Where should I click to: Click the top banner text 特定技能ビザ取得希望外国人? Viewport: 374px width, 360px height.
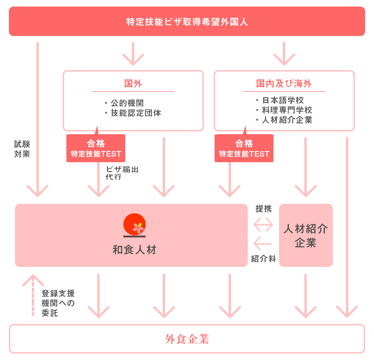187,22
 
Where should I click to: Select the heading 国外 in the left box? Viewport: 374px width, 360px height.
133,84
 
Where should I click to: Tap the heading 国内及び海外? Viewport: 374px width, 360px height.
284,84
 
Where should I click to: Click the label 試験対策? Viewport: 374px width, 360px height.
22,149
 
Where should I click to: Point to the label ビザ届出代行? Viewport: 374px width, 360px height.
122,173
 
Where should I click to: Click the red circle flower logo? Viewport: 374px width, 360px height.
135,225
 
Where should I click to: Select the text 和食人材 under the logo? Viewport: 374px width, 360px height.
135,250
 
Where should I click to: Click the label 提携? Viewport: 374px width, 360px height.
263,209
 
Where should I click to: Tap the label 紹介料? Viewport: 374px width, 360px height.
263,259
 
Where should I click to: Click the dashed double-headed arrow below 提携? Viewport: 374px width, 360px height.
263,225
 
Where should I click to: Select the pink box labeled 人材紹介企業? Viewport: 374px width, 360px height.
306,235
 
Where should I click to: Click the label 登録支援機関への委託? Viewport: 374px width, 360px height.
58,303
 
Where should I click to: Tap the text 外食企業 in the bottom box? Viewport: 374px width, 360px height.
187,339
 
